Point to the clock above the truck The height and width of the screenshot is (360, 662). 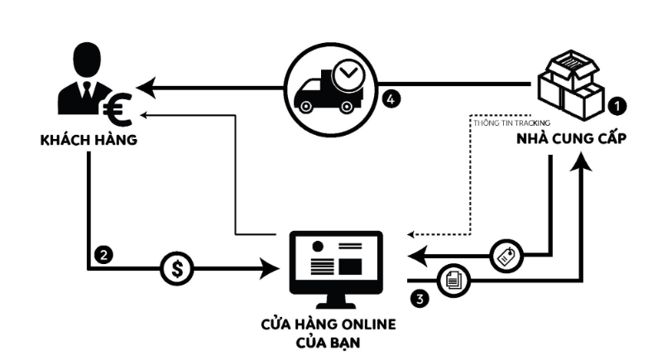(x=349, y=74)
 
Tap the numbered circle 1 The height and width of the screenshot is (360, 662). (x=616, y=105)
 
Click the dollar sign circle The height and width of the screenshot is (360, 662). (x=176, y=268)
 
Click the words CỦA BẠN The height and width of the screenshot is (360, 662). (x=338, y=340)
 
